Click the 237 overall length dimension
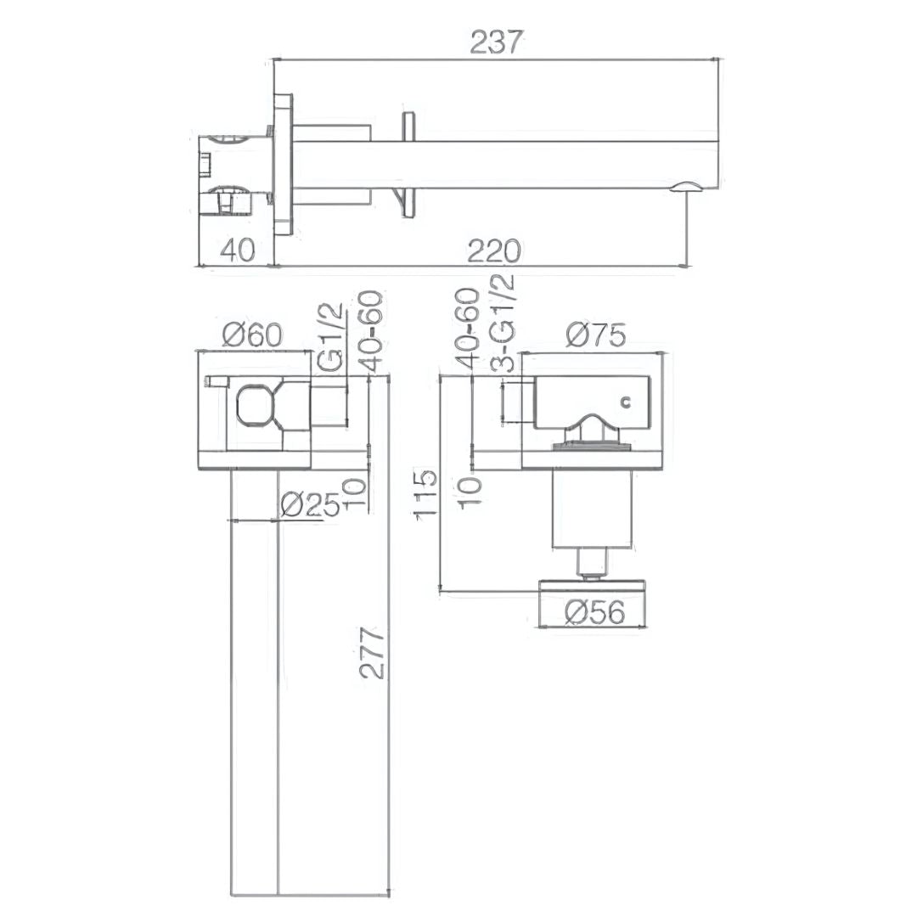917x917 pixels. (495, 42)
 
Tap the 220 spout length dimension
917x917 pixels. (493, 250)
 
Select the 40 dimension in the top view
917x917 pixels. (238, 250)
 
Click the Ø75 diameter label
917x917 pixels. (596, 335)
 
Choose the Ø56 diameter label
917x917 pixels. (595, 611)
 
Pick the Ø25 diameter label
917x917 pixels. (310, 504)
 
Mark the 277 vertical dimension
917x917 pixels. (373, 653)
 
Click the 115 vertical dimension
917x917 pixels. (425, 492)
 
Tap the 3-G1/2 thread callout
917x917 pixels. (503, 323)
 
